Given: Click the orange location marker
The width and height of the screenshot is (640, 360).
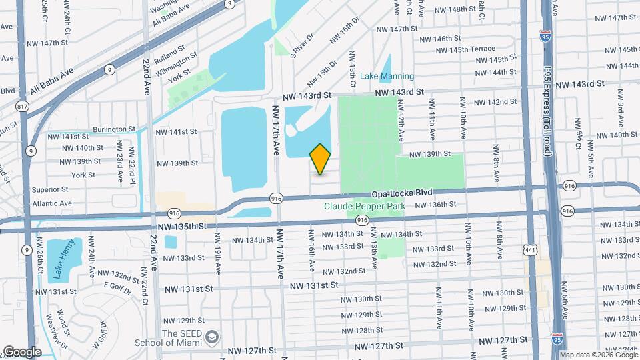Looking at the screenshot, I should point(320,159).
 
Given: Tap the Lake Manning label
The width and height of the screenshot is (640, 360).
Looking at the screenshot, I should point(387,76).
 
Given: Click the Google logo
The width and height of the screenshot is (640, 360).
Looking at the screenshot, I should point(21,352).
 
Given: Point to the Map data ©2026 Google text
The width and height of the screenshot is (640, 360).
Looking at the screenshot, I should point(599,355).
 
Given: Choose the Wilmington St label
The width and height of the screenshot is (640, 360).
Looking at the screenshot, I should point(175,65).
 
